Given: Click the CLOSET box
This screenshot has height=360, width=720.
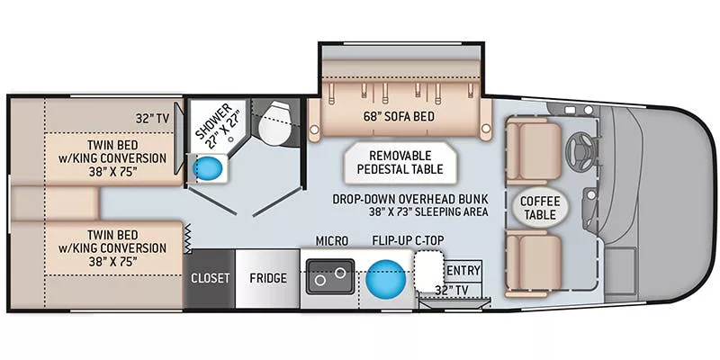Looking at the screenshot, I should pos(210,278).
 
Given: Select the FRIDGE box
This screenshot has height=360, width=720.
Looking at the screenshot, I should pos(267,278).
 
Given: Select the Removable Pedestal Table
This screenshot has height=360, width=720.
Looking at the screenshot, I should pos(398,162).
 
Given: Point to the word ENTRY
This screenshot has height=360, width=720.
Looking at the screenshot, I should pos(463,270).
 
